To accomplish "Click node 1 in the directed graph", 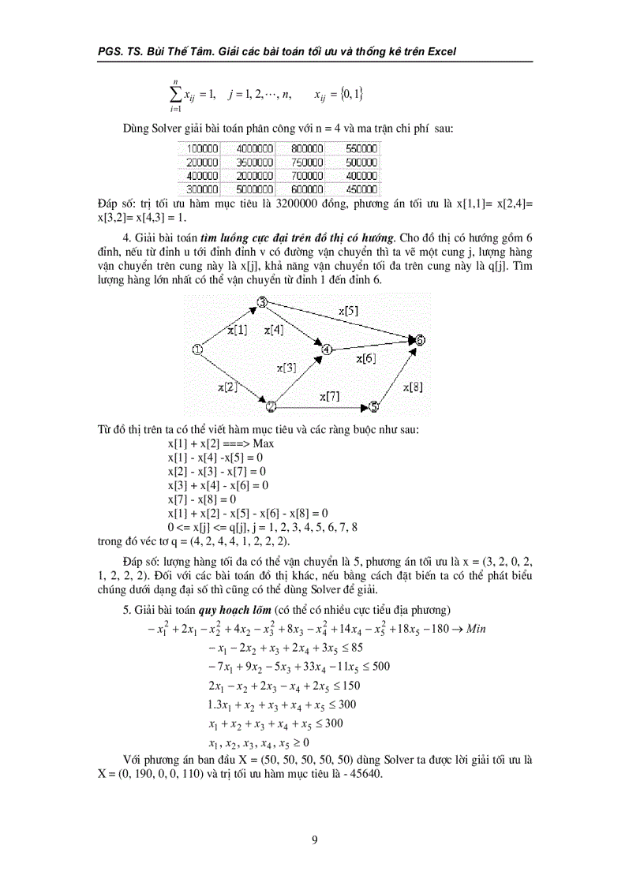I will pos(198,350).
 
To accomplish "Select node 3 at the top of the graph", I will pos(262,302).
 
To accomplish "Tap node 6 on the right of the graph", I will pos(421,340).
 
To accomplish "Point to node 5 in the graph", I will pos(374,406).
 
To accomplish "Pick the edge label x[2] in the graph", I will pos(227,386).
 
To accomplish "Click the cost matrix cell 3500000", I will pos(254,162).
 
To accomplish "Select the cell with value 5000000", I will pos(254,189).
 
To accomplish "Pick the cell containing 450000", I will pos(362,189).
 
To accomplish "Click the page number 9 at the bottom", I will pos(315,839).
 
